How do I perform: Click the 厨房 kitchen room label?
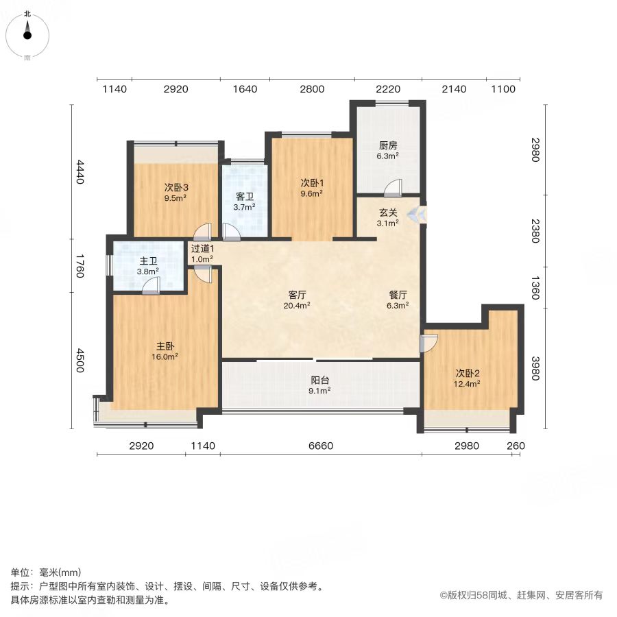(388, 145)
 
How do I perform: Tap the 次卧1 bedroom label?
(312, 183)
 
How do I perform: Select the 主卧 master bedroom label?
(165, 346)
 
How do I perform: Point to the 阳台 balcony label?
(320, 380)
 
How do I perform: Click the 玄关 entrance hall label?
(388, 213)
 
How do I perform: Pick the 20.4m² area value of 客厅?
(297, 305)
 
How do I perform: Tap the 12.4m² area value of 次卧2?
(467, 384)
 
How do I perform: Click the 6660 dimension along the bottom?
(321, 446)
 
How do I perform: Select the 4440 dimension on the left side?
(80, 171)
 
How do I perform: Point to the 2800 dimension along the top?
(312, 89)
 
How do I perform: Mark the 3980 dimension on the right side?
(535, 368)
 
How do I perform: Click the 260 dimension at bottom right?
(516, 446)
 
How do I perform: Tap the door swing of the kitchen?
(393, 187)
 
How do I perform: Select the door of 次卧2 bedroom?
(428, 343)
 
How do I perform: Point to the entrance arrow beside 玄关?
(417, 215)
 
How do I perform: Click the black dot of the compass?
(27, 36)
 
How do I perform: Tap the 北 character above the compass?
(27, 14)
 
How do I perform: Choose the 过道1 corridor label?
(203, 249)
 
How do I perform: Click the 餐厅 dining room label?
(398, 295)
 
